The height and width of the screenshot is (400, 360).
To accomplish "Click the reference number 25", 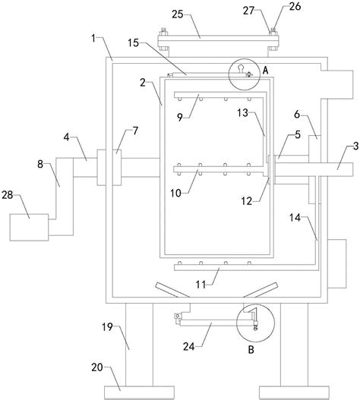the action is coord(178,14).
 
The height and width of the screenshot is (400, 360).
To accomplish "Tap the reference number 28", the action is coord(8,195).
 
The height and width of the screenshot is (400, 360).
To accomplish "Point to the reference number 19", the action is coord(108,327).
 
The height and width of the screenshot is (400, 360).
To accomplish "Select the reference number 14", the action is coord(295,218).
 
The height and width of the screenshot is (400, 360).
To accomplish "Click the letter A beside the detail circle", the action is coord(266,70).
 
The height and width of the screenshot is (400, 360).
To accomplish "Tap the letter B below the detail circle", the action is coord(251,349).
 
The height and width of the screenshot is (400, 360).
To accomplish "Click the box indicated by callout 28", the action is coord(29,227).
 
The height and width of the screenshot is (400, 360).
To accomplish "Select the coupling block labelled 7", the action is coord(109,167).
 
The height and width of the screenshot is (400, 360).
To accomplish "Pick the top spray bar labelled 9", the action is coord(219,95).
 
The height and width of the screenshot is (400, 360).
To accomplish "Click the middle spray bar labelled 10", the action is coord(220,169).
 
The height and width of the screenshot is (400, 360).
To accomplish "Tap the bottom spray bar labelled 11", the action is coord(245,268).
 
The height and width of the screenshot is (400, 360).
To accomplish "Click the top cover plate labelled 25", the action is coord(218,41).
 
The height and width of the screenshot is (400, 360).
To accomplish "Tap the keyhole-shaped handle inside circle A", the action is coord(241,68).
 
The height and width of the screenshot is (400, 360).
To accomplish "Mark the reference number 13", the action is coord(242,112).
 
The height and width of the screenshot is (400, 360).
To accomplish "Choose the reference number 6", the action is coord(297,115).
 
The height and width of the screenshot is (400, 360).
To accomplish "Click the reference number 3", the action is coord(356,146).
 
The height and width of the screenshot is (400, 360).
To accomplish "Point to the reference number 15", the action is coord(133,43).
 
